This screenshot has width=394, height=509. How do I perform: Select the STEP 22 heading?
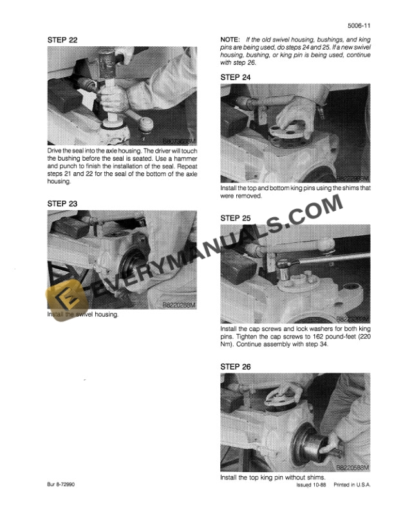(x=63, y=40)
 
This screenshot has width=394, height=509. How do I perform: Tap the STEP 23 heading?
(x=63, y=204)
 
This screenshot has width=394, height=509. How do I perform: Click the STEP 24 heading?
(x=236, y=77)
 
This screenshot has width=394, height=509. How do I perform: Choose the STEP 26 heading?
(x=236, y=366)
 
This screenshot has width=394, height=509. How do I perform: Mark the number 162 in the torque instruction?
(x=308, y=337)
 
